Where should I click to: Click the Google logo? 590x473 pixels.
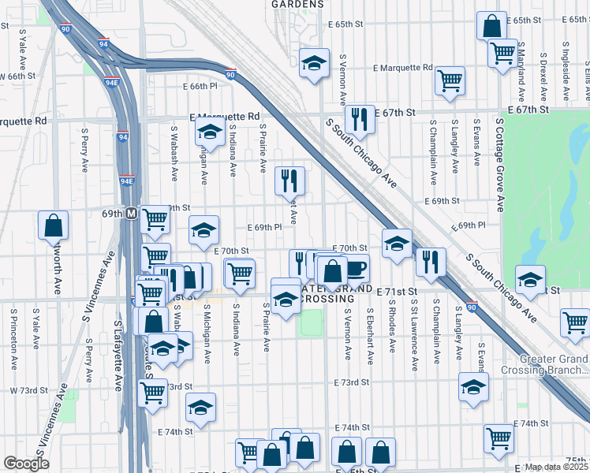[x=26, y=463]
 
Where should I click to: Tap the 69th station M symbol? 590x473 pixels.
[x=132, y=214]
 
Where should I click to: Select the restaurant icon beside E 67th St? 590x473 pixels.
[x=360, y=119]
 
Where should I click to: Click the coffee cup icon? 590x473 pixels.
[x=355, y=268]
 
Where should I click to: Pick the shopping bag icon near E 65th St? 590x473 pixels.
[x=491, y=25]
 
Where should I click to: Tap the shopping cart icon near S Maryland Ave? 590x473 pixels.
[x=502, y=53]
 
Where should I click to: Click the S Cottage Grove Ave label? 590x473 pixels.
[x=500, y=166]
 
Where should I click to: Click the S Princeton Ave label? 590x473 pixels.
[x=13, y=340]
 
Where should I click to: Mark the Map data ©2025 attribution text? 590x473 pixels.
[x=557, y=467]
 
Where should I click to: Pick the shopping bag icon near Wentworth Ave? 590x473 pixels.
[x=52, y=225]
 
